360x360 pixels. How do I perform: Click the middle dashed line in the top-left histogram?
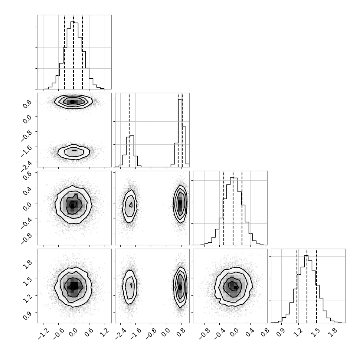click(x=73, y=52)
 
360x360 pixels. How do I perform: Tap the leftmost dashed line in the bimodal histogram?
click(x=129, y=130)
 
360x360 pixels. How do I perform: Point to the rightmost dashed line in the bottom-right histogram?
click(x=316, y=286)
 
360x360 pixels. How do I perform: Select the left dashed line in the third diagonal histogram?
click(x=224, y=208)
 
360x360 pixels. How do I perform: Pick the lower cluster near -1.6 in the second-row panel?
click(x=73, y=151)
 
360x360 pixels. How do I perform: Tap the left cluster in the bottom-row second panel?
click(x=130, y=287)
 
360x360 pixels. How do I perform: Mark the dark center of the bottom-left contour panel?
click(x=73, y=286)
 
